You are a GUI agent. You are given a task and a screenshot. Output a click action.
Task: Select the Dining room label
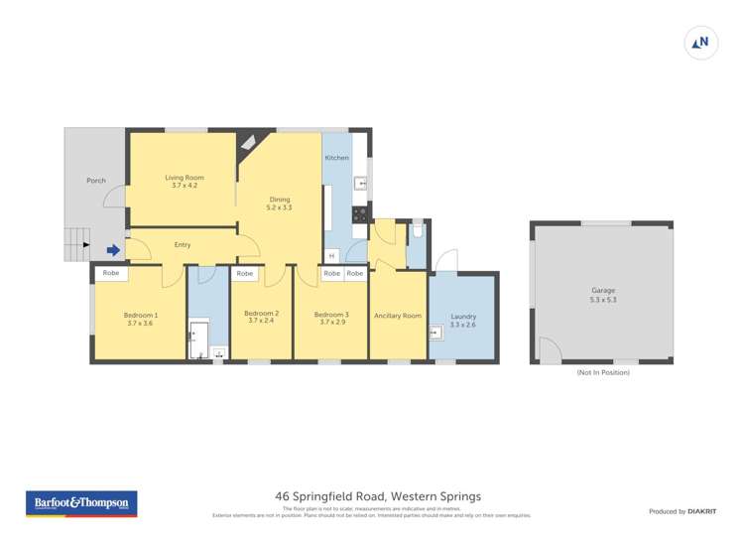pos(279,204)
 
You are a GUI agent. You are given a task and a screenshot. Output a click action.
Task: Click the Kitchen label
pos(337,158)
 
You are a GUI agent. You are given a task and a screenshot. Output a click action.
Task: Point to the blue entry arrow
pos(114,251)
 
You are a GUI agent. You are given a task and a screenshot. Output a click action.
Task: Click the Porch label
pos(96,181)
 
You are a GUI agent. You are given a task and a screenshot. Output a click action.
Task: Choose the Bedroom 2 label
pos(262,317)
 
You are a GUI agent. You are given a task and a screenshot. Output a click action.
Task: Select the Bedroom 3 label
pos(331,318)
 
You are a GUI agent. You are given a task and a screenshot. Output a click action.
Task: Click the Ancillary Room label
pos(397,316)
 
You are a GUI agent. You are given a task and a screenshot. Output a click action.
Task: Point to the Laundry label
pos(463,320)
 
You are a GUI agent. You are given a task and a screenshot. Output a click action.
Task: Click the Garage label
pos(603,295)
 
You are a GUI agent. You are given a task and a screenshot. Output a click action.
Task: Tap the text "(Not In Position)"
pos(603,372)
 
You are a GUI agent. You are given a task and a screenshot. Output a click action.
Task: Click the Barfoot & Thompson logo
pos(81,504)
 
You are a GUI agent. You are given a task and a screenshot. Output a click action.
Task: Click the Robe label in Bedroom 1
pos(111,273)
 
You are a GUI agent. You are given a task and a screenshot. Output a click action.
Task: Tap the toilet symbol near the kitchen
pos(418,230)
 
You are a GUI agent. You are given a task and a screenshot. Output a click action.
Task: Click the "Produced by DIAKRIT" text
pos(683,511)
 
